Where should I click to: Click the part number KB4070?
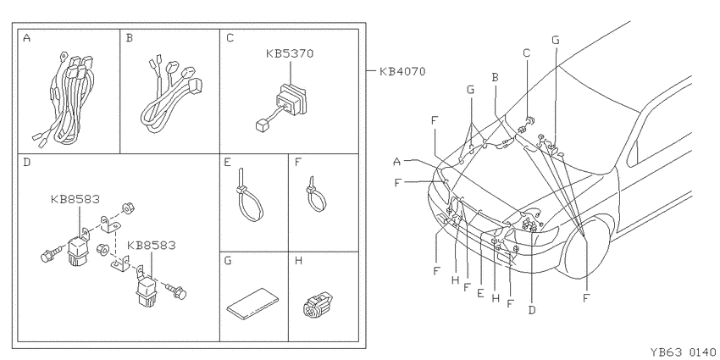click(402, 72)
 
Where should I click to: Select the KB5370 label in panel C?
click(290, 53)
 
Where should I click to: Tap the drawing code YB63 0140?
click(683, 352)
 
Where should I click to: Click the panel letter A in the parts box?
click(26, 38)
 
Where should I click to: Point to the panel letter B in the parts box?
click(130, 38)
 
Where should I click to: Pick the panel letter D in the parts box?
click(26, 163)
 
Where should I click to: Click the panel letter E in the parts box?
click(228, 163)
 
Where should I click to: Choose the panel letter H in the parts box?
click(298, 261)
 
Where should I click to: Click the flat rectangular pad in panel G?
click(252, 302)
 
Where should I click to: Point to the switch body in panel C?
click(290, 101)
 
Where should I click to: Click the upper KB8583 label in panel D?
click(75, 199)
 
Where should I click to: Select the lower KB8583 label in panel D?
click(151, 245)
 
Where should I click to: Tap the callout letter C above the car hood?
click(527, 53)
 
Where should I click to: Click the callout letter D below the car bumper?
click(532, 310)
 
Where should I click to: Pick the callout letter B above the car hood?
click(495, 77)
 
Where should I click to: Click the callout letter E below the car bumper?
click(480, 293)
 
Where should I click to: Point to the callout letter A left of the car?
click(397, 161)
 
